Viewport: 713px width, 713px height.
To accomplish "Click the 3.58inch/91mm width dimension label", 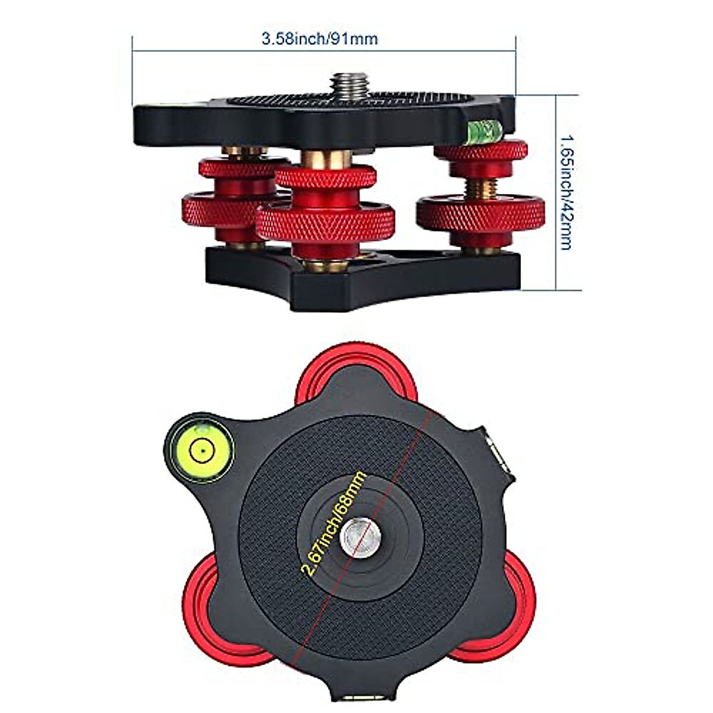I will tap(320, 39).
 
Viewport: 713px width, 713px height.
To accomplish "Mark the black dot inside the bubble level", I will tap(203, 451).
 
